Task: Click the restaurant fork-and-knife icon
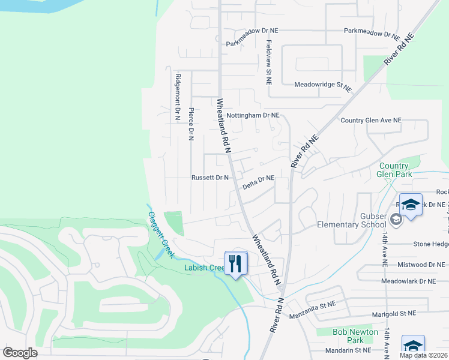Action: (x=236, y=262)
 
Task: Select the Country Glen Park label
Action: (x=394, y=170)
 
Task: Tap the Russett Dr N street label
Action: (x=210, y=178)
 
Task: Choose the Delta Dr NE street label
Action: (x=259, y=182)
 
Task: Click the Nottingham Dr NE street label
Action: (x=253, y=115)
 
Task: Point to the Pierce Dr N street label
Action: (x=191, y=124)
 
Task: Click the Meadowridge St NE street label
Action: (x=322, y=86)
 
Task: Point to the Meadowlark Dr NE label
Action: (x=415, y=281)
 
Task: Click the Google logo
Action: (x=20, y=353)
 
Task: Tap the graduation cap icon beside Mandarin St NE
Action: (x=413, y=346)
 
